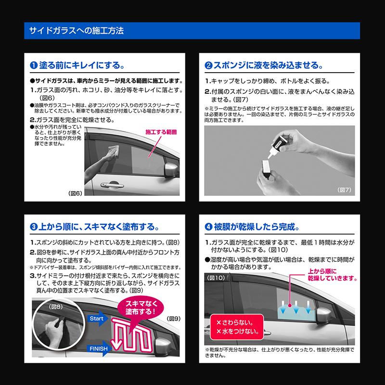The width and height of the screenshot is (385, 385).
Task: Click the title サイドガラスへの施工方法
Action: point(77,31)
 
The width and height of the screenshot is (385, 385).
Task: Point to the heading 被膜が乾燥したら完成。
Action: point(252,227)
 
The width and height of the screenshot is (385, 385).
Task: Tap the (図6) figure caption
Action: point(77,193)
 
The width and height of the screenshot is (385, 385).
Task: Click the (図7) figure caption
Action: point(345,190)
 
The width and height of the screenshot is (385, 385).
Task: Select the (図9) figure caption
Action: point(173,319)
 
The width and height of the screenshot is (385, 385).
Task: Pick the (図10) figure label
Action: point(216,278)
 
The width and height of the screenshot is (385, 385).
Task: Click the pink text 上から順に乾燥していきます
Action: point(332,274)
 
